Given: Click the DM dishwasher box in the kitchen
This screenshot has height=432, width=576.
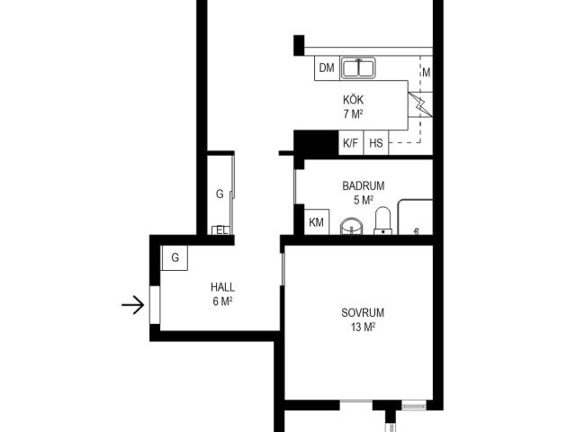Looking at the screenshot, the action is pos(327,68).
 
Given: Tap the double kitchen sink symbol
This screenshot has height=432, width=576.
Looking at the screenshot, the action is pos(358,68).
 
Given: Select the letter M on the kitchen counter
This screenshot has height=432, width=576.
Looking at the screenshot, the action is pos(426,73).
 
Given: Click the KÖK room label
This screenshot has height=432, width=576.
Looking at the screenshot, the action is pos(354,99).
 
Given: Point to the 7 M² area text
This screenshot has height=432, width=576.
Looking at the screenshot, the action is pos(353,114).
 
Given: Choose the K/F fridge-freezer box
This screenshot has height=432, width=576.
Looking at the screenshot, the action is pos(350,142).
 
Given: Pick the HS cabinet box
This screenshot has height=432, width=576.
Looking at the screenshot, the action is pos(376,142).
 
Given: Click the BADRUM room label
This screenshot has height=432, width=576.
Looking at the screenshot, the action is pos(364,186).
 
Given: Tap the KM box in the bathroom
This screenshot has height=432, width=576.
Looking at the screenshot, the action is pos(317,222).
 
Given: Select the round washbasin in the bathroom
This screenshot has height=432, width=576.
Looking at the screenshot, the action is pos(352,226).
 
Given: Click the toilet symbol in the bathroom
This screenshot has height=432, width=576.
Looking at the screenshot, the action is pos(382,220).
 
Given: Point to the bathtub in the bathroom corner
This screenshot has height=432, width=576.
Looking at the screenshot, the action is pos(416,217).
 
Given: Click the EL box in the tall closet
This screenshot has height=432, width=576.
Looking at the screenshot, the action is pos(221,230).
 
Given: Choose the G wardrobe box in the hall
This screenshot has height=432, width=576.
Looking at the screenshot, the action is pos(175,258).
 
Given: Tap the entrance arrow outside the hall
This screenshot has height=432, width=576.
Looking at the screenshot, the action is pos(132,305).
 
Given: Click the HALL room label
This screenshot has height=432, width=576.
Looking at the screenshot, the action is pos(222,287).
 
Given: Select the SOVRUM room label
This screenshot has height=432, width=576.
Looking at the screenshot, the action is pos(363,312).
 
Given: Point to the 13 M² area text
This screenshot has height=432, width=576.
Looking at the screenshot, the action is pos(363,327).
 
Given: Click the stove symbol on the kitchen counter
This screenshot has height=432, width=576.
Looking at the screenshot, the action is pos(420,104).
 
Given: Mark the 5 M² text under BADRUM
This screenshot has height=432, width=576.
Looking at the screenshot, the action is pos(364,200).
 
